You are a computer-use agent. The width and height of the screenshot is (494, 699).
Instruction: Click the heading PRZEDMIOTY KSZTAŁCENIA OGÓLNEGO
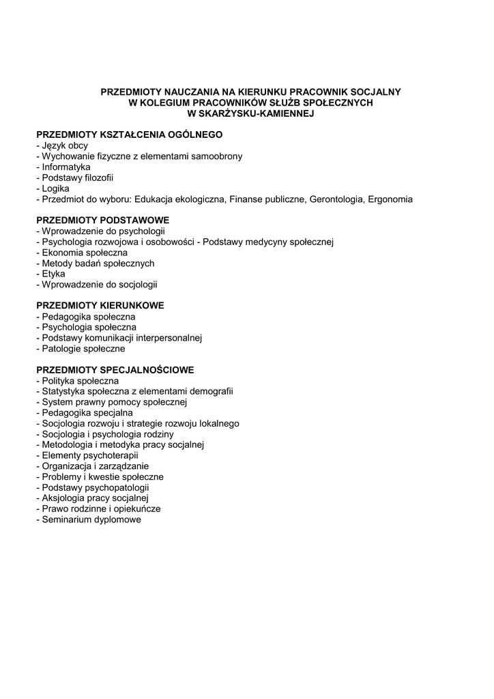[x=130, y=135]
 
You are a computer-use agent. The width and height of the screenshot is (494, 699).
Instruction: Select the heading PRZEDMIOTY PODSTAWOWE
[x=102, y=220]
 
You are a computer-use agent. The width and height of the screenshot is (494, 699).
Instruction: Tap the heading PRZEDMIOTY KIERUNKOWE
[x=100, y=306]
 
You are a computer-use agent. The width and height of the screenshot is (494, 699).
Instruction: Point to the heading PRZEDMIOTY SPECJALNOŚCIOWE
[x=115, y=370]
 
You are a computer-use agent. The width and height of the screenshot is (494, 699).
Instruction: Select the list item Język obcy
[x=65, y=146]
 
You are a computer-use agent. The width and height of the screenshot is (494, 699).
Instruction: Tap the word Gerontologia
[x=338, y=199]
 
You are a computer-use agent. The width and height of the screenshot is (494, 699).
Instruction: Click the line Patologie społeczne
[x=83, y=349]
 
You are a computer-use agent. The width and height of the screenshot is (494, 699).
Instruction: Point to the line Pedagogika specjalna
[x=87, y=413]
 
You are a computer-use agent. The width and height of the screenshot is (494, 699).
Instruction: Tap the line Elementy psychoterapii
[x=90, y=455]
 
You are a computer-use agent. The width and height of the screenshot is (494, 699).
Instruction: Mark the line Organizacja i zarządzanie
[x=95, y=466]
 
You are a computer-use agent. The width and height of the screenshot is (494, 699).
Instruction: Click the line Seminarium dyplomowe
[x=91, y=519]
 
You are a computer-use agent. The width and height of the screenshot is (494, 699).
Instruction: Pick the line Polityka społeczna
[x=81, y=381]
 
